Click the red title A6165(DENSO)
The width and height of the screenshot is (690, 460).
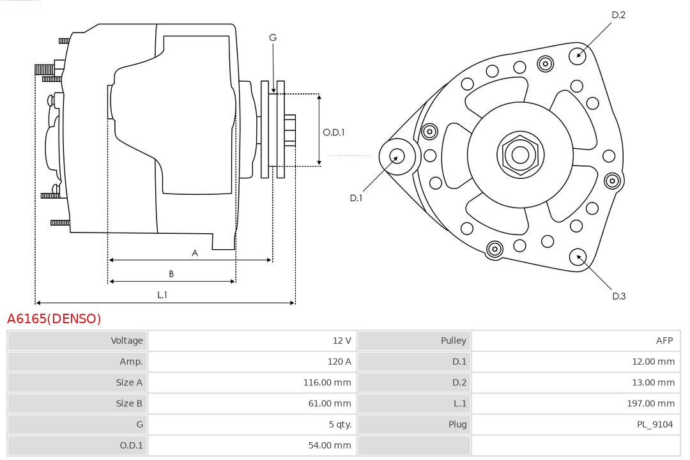[x=54, y=319]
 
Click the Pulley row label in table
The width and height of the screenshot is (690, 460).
[x=453, y=341]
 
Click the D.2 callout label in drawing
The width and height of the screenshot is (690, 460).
[x=618, y=15]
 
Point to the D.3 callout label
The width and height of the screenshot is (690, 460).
[x=618, y=296]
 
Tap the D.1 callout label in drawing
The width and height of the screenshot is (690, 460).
[x=356, y=198]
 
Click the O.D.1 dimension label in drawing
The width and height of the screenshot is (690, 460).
[x=333, y=132]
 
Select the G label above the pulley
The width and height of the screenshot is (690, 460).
[x=273, y=38]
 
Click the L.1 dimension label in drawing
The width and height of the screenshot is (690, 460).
[x=162, y=295]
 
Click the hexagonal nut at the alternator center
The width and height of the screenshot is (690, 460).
[x=520, y=155]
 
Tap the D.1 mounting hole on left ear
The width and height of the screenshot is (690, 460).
[x=397, y=156]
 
